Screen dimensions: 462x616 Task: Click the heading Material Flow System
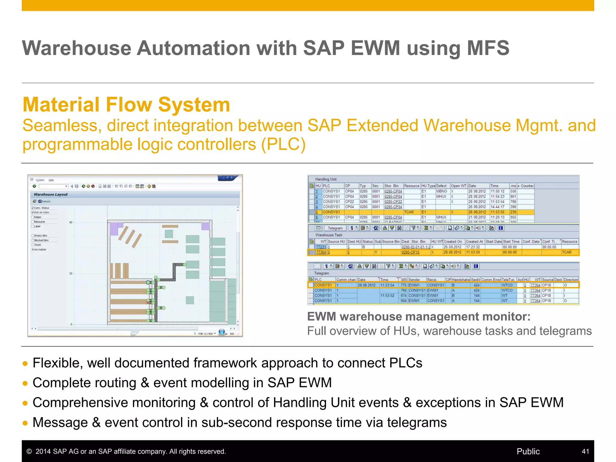pos(126,105)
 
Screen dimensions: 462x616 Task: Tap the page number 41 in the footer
pos(585,451)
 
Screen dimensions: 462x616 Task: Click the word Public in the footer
pos(528,451)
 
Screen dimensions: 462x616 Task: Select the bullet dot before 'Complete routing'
pos(25,383)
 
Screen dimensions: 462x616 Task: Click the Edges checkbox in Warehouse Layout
pos(33,217)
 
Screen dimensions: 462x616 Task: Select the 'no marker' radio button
pos(33,249)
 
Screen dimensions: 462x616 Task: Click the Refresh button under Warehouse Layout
pos(44,202)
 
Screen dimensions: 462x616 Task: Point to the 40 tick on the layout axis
pos(71,222)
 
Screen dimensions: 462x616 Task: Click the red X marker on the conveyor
pos(148,302)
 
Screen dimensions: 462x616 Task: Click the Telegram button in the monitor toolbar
pos(335,228)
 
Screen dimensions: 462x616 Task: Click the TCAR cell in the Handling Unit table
pos(409,212)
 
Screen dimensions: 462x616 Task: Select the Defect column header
pos(442,186)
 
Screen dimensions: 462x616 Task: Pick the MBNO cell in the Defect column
pos(442,191)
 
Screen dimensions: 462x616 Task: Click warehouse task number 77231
pos(321,247)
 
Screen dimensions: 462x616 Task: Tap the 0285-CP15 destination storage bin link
pos(411,252)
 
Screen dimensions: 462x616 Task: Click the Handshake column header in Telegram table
pos(460,280)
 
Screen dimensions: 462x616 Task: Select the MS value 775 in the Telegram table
pos(403,285)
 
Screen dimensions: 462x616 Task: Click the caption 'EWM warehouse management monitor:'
pos(419,316)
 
